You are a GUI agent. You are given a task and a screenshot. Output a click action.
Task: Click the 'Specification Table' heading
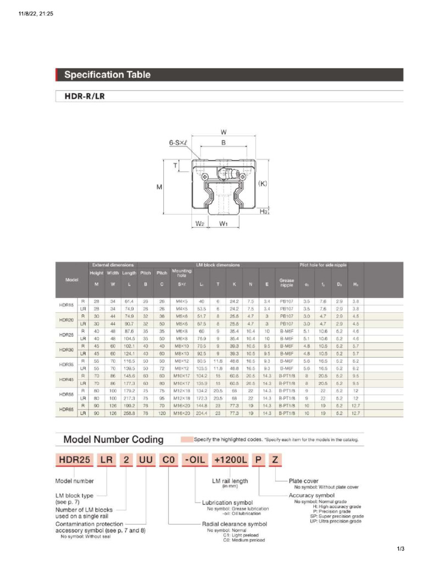coord(108,75)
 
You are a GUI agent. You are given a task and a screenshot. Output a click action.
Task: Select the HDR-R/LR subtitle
coord(85,97)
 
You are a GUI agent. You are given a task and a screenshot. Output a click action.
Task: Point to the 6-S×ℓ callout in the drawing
coord(179,143)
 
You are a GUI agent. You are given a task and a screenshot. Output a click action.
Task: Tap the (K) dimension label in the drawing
coord(263,184)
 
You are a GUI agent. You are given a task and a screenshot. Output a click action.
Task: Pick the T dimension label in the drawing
coord(175,165)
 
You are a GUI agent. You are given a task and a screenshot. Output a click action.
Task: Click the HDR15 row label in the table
coord(66,305)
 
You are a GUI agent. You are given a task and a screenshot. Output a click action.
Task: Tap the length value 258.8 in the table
coord(129,412)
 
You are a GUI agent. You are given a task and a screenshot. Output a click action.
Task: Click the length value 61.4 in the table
coord(129,301)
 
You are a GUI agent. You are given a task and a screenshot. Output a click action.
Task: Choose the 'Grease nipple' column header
coord(286,283)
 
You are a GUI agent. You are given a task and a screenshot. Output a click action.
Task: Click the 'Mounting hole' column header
coord(181,273)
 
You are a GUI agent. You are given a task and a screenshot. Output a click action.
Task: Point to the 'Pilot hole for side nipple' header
coord(323,265)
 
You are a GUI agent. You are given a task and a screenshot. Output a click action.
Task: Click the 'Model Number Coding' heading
coord(113,440)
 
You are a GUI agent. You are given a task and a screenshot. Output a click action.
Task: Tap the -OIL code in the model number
coord(190,459)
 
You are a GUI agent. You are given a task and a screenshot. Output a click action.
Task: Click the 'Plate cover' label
coord(303,481)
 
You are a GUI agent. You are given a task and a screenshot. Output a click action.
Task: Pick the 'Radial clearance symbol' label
coord(234,524)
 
